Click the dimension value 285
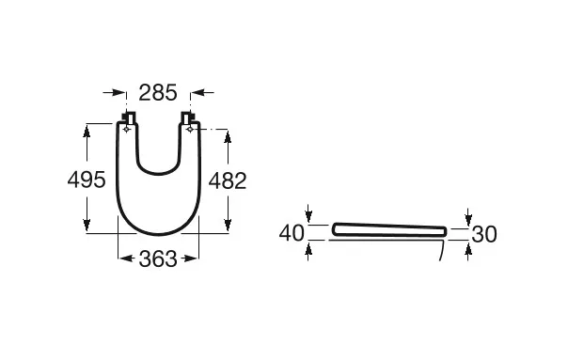click(158, 93)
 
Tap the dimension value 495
click(87, 180)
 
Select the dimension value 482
click(228, 180)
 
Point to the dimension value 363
click(158, 259)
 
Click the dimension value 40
click(292, 233)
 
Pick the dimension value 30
click(484, 234)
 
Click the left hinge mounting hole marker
click(126, 130)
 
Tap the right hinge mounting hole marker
click(190, 130)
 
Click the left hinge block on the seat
click(129, 118)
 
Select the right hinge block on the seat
click(188, 118)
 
